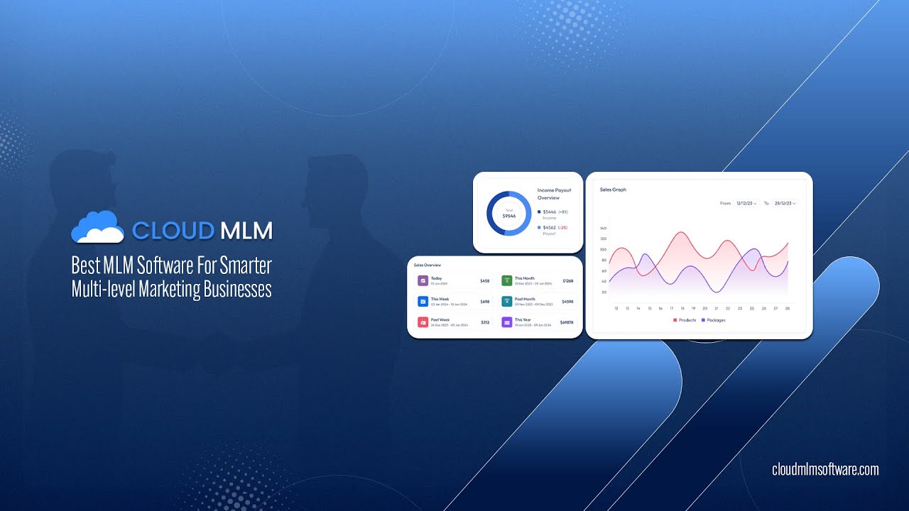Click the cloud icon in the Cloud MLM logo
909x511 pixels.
[98, 227]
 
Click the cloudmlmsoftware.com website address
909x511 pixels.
[825, 469]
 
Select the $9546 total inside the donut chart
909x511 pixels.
[508, 215]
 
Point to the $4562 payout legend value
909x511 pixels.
[550, 227]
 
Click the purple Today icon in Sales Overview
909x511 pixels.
[423, 281]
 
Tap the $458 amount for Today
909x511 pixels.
[485, 281]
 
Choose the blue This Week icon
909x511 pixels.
[423, 302]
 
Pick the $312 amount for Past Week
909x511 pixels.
[485, 322]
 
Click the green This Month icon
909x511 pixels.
[507, 281]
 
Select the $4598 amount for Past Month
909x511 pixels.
[567, 302]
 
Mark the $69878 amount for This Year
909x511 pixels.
[567, 322]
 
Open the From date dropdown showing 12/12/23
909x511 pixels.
[746, 204]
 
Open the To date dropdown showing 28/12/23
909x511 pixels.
[785, 204]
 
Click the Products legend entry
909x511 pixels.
[685, 320]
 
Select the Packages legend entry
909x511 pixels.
[714, 320]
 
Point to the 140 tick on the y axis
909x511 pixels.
[603, 229]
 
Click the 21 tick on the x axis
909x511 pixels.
[717, 308]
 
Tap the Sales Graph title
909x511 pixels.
[613, 189]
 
